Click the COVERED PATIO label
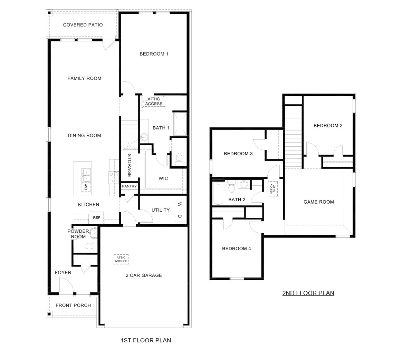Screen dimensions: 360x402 point(83,25)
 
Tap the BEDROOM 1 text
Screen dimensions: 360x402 point(154,54)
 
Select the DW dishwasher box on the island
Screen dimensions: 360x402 point(86,187)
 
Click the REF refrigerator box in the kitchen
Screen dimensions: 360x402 point(96,217)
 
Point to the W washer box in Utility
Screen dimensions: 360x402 point(180,204)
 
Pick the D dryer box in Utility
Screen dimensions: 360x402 point(180,216)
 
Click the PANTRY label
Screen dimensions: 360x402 point(129,186)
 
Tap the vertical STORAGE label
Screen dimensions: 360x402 point(130,165)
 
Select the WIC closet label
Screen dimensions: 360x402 point(163,178)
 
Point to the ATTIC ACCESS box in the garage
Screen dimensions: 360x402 point(121,259)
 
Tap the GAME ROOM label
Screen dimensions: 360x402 point(318,202)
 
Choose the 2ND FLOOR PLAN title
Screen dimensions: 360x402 point(308,293)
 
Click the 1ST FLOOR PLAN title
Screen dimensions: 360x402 point(145,340)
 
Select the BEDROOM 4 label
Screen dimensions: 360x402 point(236,249)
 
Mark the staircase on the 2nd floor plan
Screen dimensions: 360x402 point(293,131)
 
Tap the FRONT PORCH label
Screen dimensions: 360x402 point(73,305)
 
